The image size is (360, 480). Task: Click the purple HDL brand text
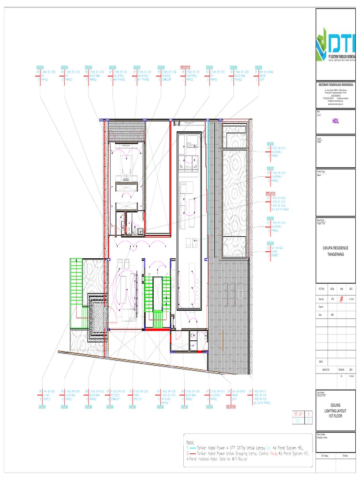pyautogui.click(x=336, y=120)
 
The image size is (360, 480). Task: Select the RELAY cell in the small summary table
pyautogui.click(x=299, y=414)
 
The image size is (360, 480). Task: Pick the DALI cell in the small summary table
pyautogui.click(x=299, y=421)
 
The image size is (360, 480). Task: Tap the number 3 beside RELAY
pyautogui.click(x=309, y=414)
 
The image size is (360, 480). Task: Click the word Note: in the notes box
pyautogui.click(x=190, y=442)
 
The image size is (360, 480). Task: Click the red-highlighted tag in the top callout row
pyautogui.click(x=185, y=67)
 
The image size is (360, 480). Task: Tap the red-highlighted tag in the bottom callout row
pyautogui.click(x=232, y=407)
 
